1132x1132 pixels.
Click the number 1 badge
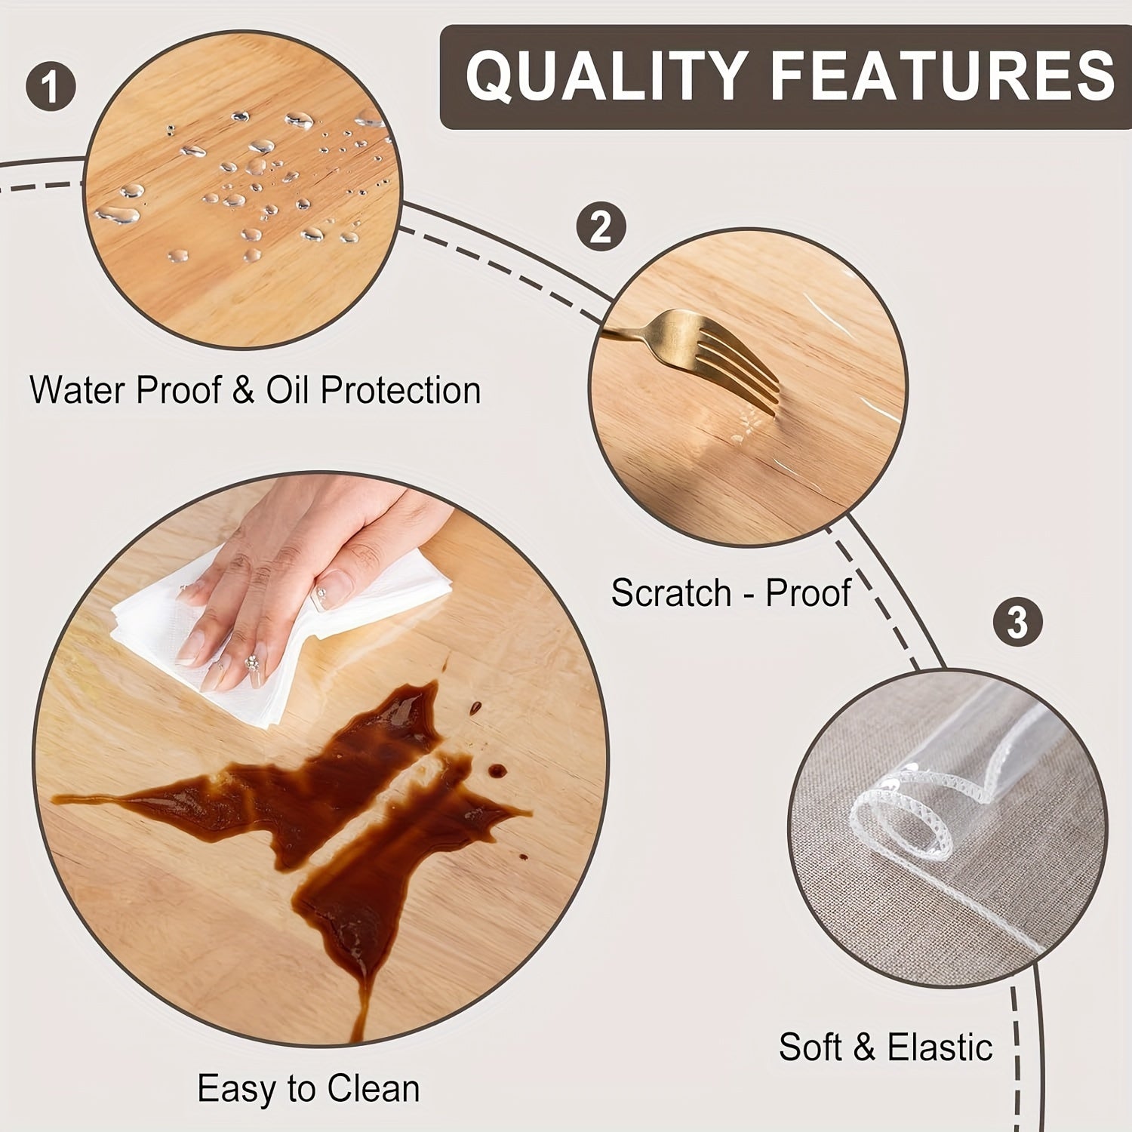[51, 85]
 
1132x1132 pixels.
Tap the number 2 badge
[601, 226]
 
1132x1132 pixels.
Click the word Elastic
[940, 1047]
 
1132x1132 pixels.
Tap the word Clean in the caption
[372, 1089]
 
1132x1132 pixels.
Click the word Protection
[400, 391]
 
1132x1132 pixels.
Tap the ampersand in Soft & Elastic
[866, 1048]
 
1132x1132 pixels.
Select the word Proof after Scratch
[808, 593]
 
